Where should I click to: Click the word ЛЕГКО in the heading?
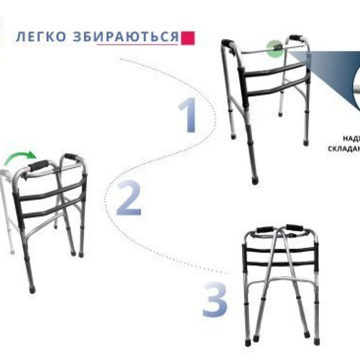[40, 37]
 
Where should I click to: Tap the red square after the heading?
[189, 37]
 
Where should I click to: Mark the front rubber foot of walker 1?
[255, 180]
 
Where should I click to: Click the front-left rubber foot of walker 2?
[32, 290]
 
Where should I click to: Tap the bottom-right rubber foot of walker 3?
[315, 341]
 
